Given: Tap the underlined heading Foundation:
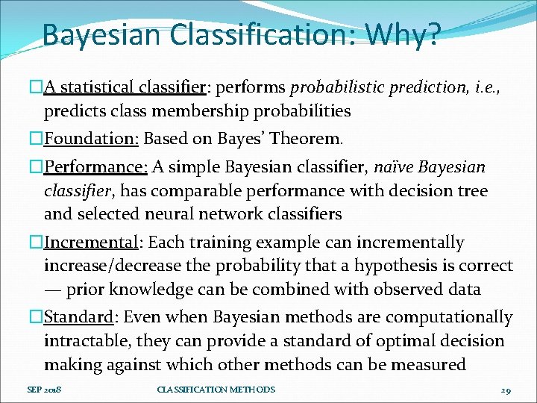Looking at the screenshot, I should [x=92, y=139].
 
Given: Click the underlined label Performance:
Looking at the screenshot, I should [x=95, y=166].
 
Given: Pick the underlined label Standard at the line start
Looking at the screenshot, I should [x=78, y=317].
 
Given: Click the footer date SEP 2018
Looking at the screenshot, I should [x=44, y=390].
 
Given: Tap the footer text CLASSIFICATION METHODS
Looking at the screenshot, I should [x=216, y=390].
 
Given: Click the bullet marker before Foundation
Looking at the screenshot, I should [x=37, y=139].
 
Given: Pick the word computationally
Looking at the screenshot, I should [x=454, y=317].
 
